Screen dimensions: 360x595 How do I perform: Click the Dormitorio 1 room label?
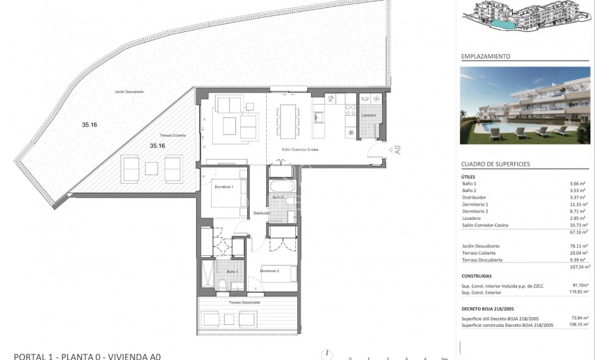click(x=223, y=187)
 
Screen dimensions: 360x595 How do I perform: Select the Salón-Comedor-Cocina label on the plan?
click(x=300, y=150)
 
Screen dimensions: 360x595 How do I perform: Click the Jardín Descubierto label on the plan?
click(x=130, y=92)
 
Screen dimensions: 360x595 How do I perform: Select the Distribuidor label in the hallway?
click(x=262, y=213)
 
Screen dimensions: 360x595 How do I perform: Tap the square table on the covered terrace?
click(x=151, y=168)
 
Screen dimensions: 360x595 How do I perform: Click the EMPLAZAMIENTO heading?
click(x=486, y=56)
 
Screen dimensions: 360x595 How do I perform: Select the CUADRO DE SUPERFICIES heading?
click(x=496, y=164)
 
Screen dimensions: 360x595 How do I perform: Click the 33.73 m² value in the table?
click(x=578, y=225)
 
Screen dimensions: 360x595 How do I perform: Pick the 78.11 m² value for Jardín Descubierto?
click(x=578, y=246)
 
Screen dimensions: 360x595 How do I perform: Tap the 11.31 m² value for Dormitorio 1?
click(x=578, y=204)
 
